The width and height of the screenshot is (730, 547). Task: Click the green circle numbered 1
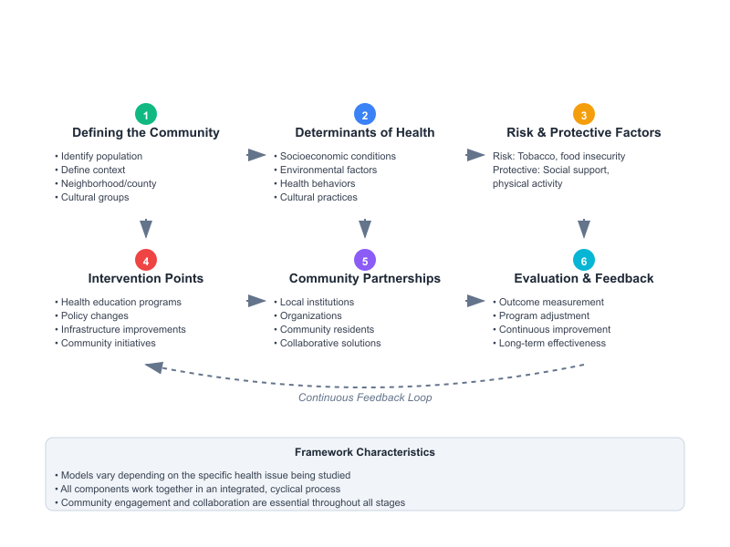tap(146, 114)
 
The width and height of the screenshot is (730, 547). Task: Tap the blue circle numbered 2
tap(365, 114)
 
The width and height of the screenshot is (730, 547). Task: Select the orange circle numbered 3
tap(584, 114)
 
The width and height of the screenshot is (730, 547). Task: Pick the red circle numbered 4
tap(146, 260)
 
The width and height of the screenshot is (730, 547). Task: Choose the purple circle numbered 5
tap(365, 260)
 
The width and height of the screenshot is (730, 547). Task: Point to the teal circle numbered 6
tap(584, 260)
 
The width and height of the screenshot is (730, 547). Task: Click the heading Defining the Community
tap(146, 133)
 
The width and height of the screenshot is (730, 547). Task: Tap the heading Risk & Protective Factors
tap(584, 133)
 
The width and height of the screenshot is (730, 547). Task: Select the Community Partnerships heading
tap(365, 279)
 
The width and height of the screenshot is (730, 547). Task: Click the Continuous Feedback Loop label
tap(365, 397)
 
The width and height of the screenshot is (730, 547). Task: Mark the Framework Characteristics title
tap(365, 452)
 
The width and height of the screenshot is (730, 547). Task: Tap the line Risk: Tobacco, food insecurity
tap(558, 156)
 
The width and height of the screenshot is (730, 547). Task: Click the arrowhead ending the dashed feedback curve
tap(154, 366)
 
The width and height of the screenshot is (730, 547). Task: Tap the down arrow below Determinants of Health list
tap(365, 228)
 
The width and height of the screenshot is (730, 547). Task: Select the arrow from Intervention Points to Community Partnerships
tap(256, 301)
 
